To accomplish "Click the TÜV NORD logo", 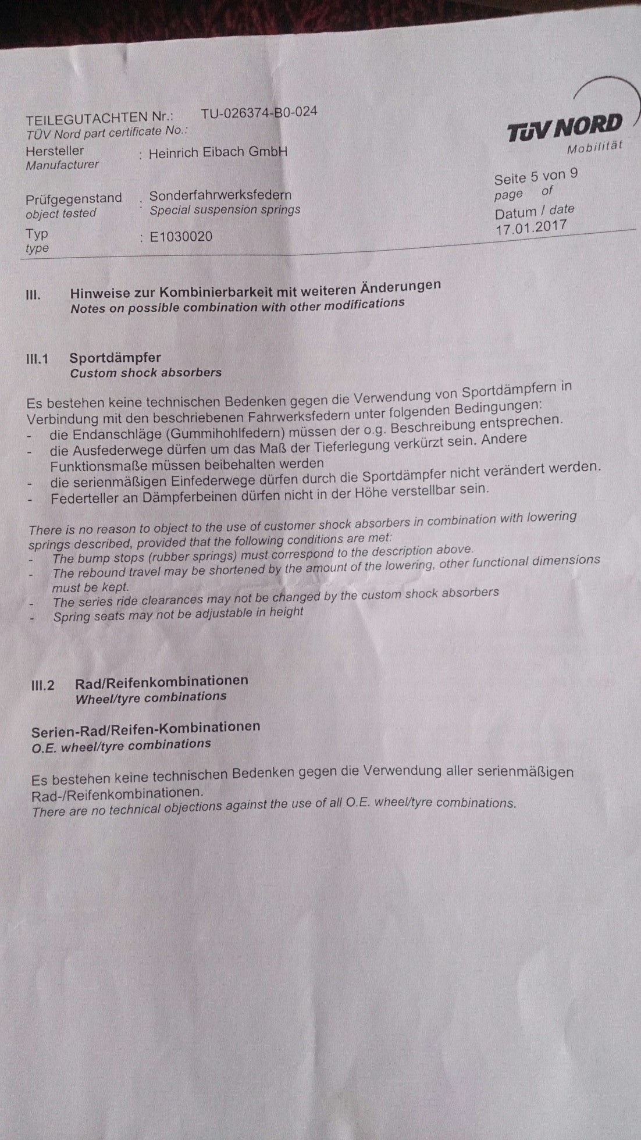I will pos(565,127).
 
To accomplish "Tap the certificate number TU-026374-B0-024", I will pos(259,112).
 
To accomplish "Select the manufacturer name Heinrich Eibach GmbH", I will pos(218,152).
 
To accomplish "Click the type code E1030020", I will pos(181,236).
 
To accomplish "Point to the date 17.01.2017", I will pos(531,227).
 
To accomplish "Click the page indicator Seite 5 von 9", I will pos(536,176).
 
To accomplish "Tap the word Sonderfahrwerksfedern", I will pos(220,195).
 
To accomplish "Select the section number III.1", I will pos(37,359).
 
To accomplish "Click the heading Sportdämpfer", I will pos(115,358).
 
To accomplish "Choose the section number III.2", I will pos(42,685).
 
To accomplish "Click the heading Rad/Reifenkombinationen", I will pos(162,681).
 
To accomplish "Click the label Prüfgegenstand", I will pos(74,199).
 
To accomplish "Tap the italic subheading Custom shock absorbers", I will pos(145,373).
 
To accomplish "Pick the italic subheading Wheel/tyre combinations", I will pos(151,697).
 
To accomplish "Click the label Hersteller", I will pos(55,151).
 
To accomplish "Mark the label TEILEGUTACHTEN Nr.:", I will pos(99,119).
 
